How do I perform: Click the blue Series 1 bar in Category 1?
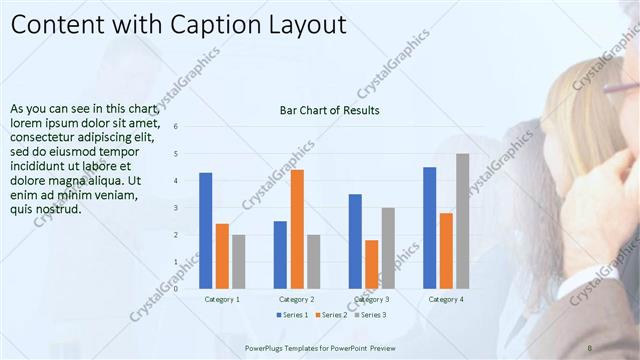[x=205, y=230]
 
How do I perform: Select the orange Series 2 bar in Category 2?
[x=297, y=229]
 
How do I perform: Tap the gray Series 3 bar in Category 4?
[x=462, y=221]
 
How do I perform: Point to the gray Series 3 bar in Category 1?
[x=238, y=261]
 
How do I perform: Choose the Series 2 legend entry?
[x=334, y=315]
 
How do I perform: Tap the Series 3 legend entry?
[x=372, y=315]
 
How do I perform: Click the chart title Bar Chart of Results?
[x=329, y=110]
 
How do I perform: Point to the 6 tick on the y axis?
[x=176, y=127]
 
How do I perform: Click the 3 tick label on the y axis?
[x=176, y=208]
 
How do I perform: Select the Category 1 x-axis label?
[x=222, y=299]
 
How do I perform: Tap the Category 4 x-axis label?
[x=446, y=299]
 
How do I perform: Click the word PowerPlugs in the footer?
[x=266, y=347]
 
